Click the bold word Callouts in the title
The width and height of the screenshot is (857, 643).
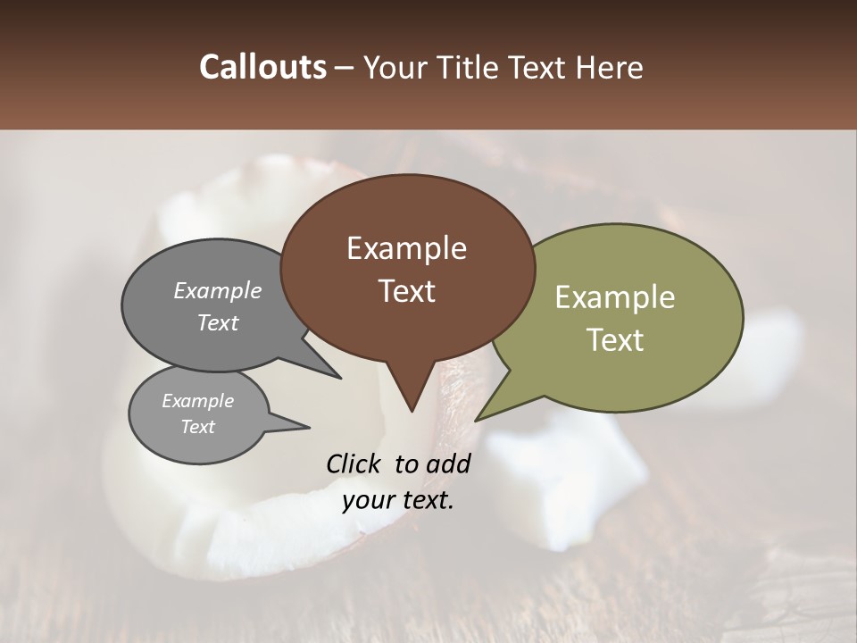(x=262, y=67)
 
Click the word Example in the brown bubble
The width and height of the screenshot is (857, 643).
(x=406, y=248)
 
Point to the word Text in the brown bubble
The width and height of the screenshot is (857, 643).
(x=406, y=291)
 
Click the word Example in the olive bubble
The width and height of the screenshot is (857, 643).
(x=615, y=297)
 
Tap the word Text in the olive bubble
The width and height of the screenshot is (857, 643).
(x=615, y=340)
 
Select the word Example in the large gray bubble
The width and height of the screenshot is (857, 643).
(x=217, y=290)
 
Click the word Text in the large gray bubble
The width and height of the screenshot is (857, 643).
(x=217, y=322)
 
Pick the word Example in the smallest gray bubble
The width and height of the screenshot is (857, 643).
(x=197, y=401)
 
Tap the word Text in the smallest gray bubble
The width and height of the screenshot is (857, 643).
(x=197, y=427)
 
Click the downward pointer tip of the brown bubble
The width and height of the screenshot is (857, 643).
(x=412, y=411)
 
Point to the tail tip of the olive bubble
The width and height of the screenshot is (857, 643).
(x=477, y=420)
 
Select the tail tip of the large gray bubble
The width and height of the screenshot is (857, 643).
(x=340, y=378)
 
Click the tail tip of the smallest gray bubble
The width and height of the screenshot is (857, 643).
(x=309, y=427)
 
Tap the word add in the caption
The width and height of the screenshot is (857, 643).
(x=449, y=463)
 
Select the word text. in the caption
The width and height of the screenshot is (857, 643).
(x=425, y=500)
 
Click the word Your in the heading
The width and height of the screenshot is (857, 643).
(x=393, y=67)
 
